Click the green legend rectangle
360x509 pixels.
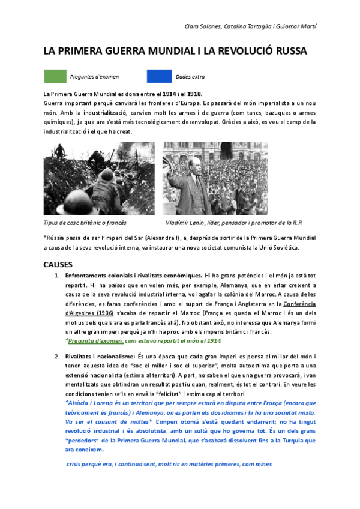pyautogui.click(x=55, y=76)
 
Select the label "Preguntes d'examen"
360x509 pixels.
pyautogui.click(x=94, y=77)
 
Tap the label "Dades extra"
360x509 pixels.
pyautogui.click(x=190, y=77)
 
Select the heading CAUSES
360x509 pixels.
pyautogui.click(x=58, y=264)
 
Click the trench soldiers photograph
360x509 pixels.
pyautogui.click(x=99, y=178)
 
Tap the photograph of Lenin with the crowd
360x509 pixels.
pyautogui.click(x=215, y=178)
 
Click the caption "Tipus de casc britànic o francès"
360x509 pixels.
pyautogui.click(x=85, y=223)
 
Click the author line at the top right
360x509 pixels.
pyautogui.click(x=259, y=28)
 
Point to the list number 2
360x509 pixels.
pyautogui.click(x=57, y=357)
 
